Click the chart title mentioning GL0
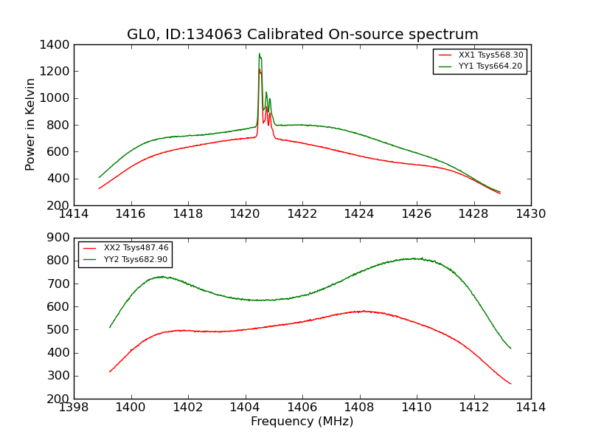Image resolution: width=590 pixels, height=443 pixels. pos(302,35)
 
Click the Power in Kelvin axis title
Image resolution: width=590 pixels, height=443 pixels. pos(30,124)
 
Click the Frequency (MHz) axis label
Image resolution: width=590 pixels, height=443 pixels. pos(302,422)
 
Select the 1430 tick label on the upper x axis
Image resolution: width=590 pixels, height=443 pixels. pos(530,214)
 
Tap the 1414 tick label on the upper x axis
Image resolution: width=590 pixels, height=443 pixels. pos(74,214)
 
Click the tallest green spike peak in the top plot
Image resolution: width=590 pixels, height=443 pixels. pos(259,54)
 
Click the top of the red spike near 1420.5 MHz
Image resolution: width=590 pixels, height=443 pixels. pos(259,69)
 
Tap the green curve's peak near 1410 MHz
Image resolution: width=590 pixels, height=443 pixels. pos(415,258)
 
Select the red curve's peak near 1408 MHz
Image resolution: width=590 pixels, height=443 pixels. pos(362,311)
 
